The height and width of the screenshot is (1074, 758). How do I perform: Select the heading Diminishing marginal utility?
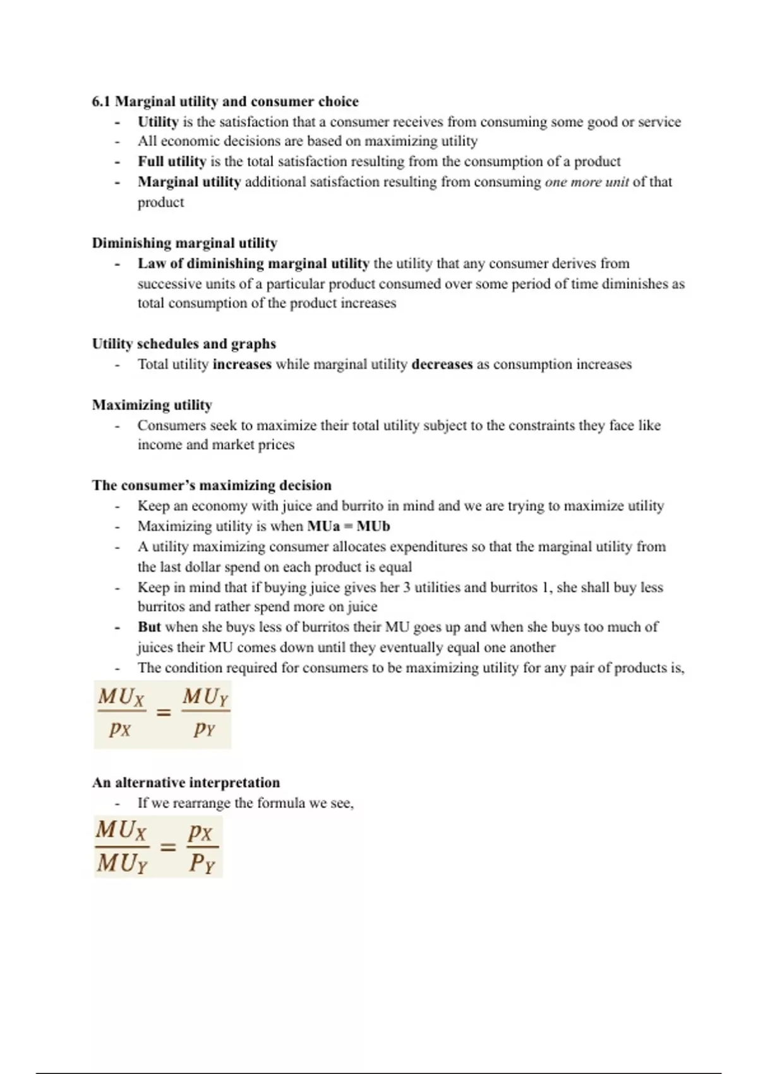[x=184, y=243]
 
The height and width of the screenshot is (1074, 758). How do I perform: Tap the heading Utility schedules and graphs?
[x=184, y=344]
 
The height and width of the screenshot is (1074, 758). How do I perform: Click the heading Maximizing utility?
[x=152, y=405]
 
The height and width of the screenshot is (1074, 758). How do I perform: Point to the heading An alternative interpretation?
[x=186, y=783]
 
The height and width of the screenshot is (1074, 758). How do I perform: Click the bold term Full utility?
[x=172, y=162]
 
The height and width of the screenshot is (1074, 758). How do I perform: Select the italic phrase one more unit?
[x=587, y=182]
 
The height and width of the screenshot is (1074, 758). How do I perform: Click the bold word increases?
[x=242, y=365]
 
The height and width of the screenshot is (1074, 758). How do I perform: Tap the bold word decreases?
[x=442, y=365]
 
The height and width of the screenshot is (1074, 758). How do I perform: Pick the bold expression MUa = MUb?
[x=348, y=526]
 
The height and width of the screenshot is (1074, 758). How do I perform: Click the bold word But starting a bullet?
[x=149, y=627]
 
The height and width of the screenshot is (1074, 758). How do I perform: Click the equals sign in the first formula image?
[x=164, y=713]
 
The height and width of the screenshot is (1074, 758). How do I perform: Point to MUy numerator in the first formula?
[x=205, y=697]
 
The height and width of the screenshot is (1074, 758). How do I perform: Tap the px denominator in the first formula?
[x=119, y=729]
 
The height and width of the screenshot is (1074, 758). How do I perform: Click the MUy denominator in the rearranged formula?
[x=122, y=863]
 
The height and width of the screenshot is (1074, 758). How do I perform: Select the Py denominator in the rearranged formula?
[x=202, y=863]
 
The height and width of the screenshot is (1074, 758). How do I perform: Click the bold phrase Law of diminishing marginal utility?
[x=253, y=263]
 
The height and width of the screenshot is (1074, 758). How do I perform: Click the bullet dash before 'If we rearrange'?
[x=117, y=804]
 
